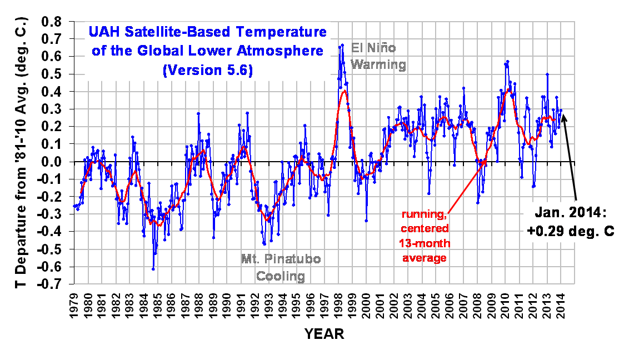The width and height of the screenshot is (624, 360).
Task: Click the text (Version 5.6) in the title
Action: coord(208,71)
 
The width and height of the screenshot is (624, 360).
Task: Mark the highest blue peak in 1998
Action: coord(342,44)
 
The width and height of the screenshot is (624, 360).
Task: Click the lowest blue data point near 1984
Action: coord(153,269)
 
